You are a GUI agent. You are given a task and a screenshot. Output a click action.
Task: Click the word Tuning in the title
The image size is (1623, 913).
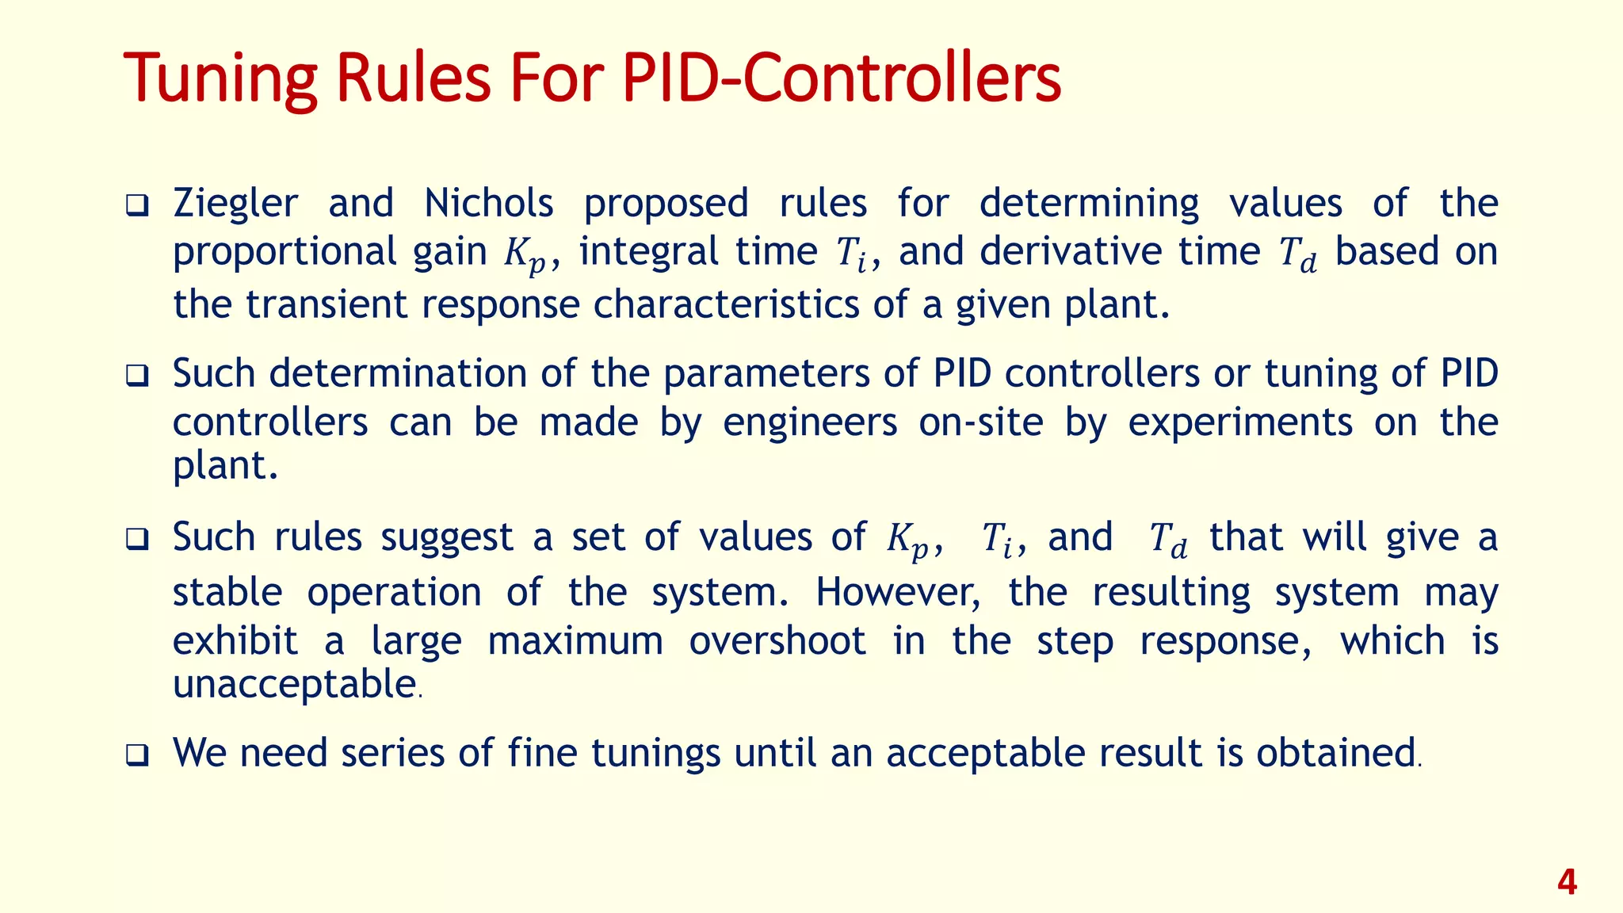pos(220,79)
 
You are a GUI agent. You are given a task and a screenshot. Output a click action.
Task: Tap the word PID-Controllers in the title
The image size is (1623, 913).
pos(841,79)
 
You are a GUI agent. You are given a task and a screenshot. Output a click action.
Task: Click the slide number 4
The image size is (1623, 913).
pos(1567,882)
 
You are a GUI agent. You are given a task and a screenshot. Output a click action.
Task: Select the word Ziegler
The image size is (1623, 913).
pos(235,204)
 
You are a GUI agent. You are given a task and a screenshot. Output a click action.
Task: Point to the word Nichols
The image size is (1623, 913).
pos(488,204)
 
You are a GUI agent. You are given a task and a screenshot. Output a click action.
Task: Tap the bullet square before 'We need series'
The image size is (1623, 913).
pos(137,755)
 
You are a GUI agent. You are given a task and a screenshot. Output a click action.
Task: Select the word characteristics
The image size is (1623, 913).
pos(726,304)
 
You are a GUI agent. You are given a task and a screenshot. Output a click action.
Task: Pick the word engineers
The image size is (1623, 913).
pos(810,423)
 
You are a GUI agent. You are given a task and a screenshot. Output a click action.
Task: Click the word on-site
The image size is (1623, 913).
pos(981,422)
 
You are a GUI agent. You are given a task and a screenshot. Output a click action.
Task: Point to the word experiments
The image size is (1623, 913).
pos(1240,423)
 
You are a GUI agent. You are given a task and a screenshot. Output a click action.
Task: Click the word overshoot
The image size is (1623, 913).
pos(777,640)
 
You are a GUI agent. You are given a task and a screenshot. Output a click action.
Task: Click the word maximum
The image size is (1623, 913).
pos(575,640)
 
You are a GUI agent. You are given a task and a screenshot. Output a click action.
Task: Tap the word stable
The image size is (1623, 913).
pos(227,593)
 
